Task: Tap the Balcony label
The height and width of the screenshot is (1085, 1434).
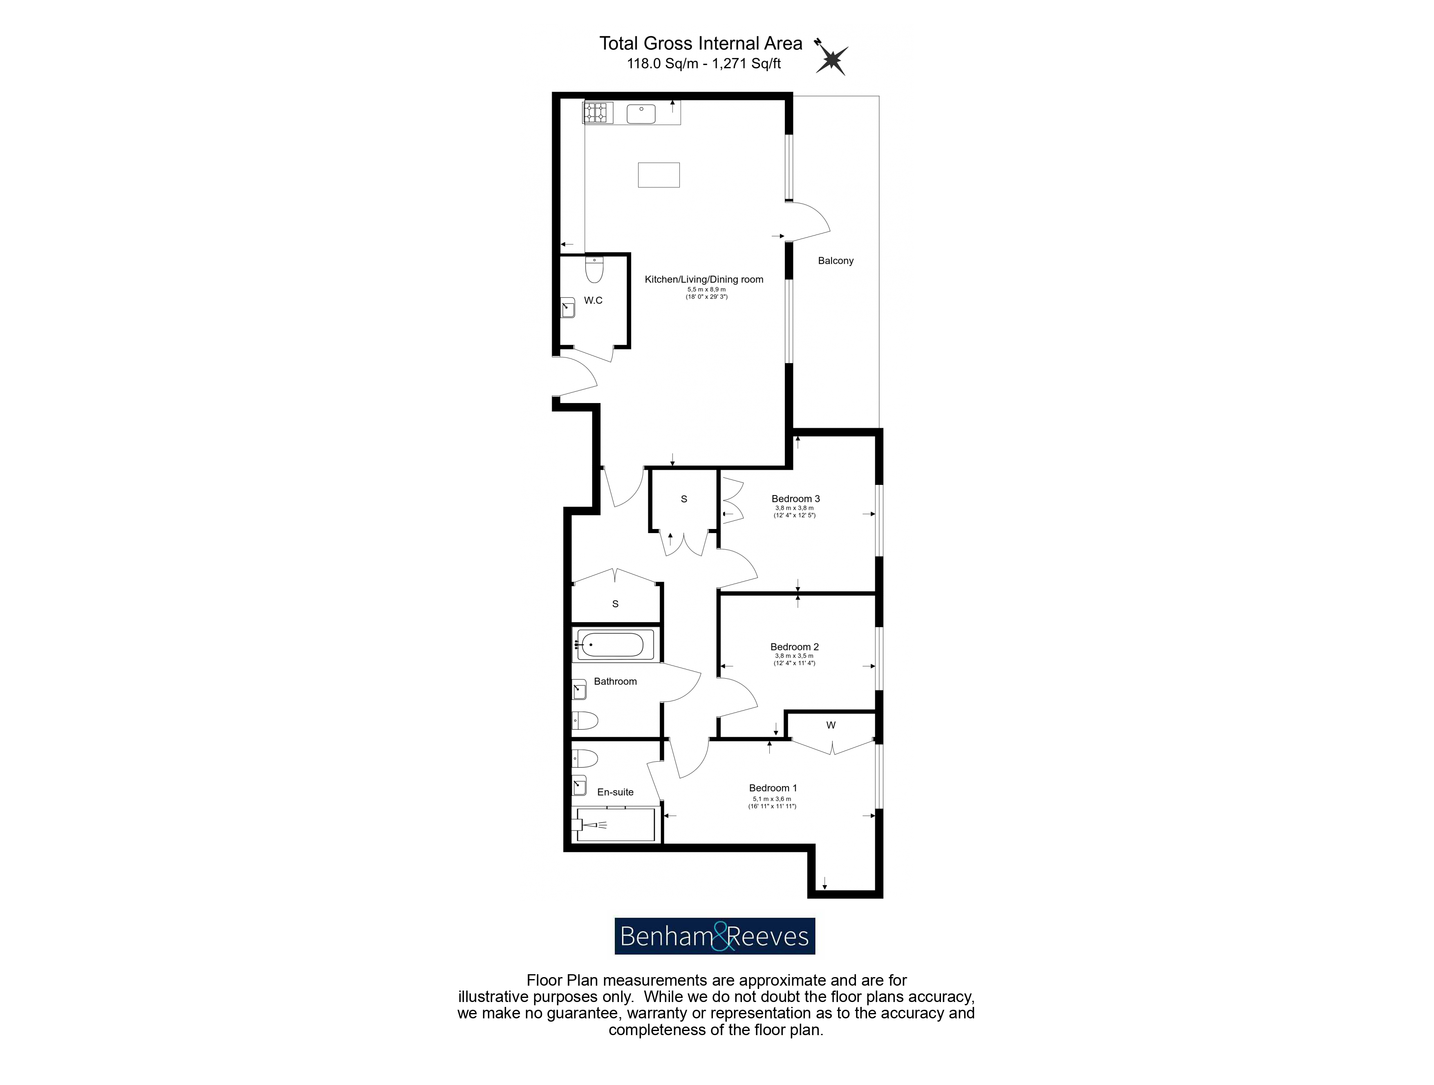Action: coord(836,260)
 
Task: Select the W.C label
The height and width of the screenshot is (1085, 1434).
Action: coord(593,300)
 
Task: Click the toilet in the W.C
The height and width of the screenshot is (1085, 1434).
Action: coord(594,270)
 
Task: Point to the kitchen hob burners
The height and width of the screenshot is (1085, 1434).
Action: coord(598,113)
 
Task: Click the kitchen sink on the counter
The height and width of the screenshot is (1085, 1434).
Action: coord(641,113)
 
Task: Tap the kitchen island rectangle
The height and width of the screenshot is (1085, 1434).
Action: coord(659,175)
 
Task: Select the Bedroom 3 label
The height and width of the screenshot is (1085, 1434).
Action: coord(795,498)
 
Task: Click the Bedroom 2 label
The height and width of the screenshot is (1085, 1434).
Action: coord(794,647)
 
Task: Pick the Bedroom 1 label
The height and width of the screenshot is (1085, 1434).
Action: coord(773,788)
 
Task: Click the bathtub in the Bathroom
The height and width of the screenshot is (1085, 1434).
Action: coord(611,645)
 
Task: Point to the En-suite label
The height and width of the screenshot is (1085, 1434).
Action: coord(615,792)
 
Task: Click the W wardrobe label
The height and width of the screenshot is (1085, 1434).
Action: coord(831,725)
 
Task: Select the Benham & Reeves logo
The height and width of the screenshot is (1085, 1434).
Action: coord(715,936)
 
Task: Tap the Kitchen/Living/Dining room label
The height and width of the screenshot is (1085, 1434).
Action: coord(704,279)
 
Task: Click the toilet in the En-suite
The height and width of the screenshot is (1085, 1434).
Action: coord(585,758)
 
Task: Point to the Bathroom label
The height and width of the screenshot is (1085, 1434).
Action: coord(615,681)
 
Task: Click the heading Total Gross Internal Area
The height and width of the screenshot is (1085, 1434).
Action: coord(701,43)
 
